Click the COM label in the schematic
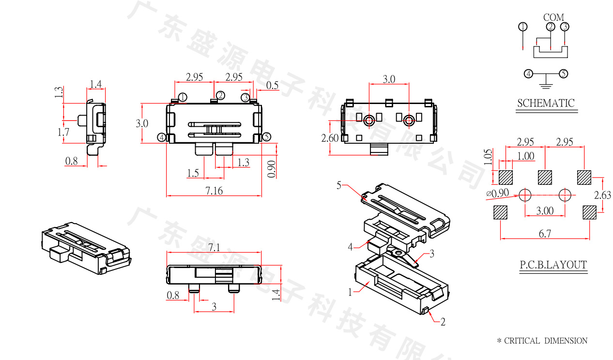click(553, 17)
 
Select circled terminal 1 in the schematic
click(523, 27)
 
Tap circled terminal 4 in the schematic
click(529, 74)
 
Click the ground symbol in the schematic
click(546, 86)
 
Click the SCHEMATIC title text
click(546, 103)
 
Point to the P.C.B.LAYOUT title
click(553, 265)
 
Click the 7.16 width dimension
click(214, 191)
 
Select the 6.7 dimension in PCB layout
click(545, 234)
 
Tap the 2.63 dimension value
click(603, 195)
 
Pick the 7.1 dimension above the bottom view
click(214, 247)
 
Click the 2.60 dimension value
click(330, 138)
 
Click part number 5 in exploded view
click(339, 184)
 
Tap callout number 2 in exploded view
click(443, 322)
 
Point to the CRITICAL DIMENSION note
click(542, 341)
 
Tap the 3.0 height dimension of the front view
click(142, 123)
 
